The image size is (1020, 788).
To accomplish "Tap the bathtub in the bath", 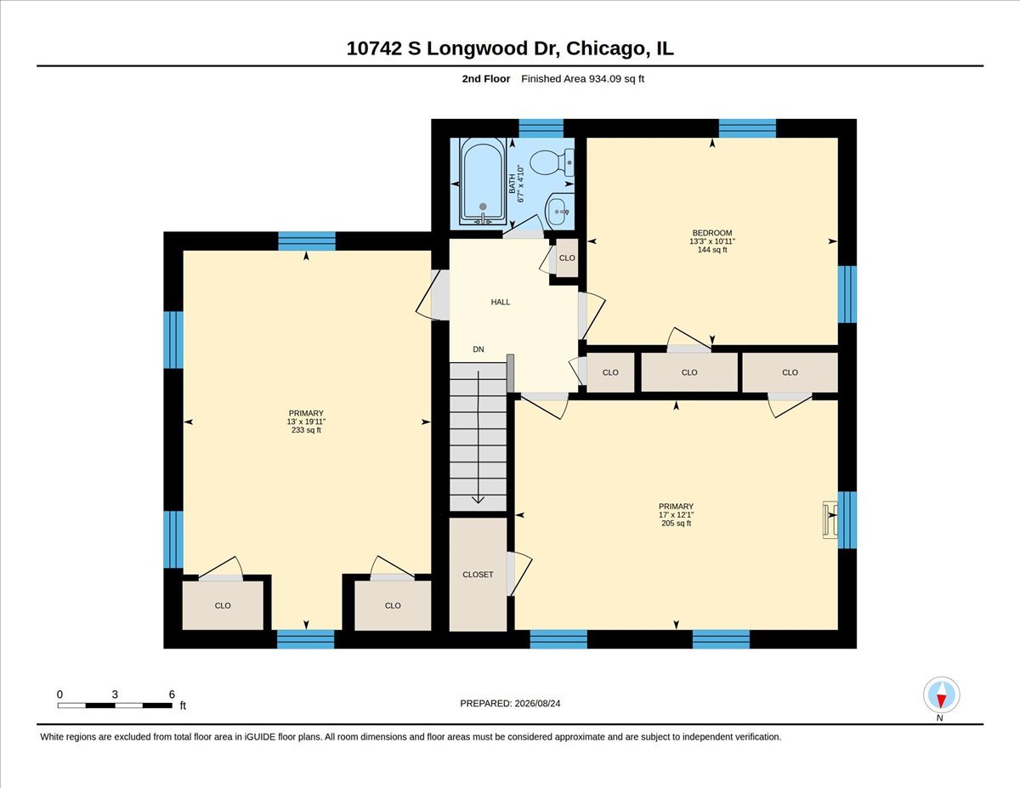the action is (483, 181).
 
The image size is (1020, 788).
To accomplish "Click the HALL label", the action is (501, 303).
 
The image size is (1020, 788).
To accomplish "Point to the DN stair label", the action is (479, 349).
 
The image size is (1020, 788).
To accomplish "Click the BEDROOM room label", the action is (712, 233).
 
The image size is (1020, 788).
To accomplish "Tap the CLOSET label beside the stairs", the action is (478, 575).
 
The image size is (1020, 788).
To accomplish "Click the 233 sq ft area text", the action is (306, 430).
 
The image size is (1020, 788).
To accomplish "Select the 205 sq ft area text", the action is (676, 524).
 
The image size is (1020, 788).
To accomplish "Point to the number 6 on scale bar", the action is (172, 694).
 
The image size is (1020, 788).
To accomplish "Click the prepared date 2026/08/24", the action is (537, 704).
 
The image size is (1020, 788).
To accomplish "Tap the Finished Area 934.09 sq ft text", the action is (582, 79).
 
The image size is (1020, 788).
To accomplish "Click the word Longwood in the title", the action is (478, 48).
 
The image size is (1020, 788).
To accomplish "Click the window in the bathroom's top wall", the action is (541, 128).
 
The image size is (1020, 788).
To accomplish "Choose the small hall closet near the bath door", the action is (567, 258).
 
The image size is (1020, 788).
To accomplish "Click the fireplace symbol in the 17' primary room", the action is (830, 519).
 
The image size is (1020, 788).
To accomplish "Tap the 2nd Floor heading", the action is (486, 79).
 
